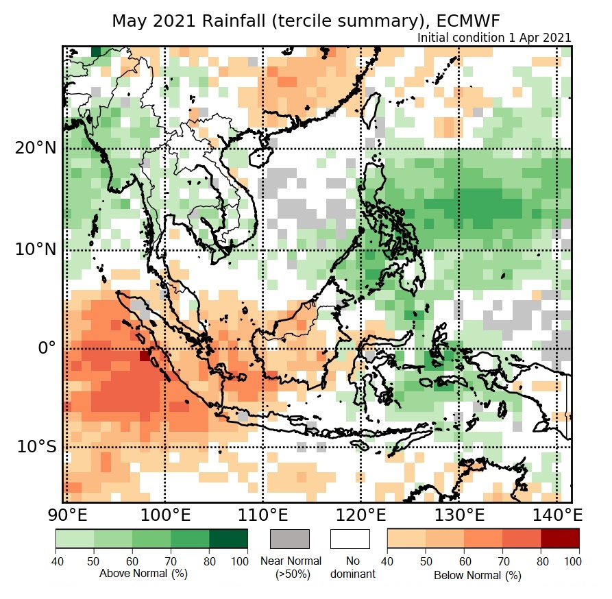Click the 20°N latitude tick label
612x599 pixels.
[x=36, y=149]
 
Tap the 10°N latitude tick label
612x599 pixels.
[x=36, y=249]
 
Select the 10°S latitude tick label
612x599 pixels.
[x=36, y=447]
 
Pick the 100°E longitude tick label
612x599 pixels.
[x=164, y=514]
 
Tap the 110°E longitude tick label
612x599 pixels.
[x=262, y=514]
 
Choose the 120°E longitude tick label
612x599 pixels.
[x=361, y=514]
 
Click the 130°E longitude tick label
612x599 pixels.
[x=459, y=514]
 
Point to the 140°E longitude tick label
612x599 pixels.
[x=556, y=514]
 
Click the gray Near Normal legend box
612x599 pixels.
[x=290, y=539]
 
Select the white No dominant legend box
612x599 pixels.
[x=350, y=539]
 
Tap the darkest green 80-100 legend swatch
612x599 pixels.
[x=228, y=539]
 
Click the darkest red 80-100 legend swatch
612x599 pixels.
[x=560, y=539]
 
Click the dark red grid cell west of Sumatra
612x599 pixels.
[x=145, y=356]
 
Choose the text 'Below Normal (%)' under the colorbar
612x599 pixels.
[x=478, y=576]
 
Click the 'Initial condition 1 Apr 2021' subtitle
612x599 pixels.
[x=493, y=38]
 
